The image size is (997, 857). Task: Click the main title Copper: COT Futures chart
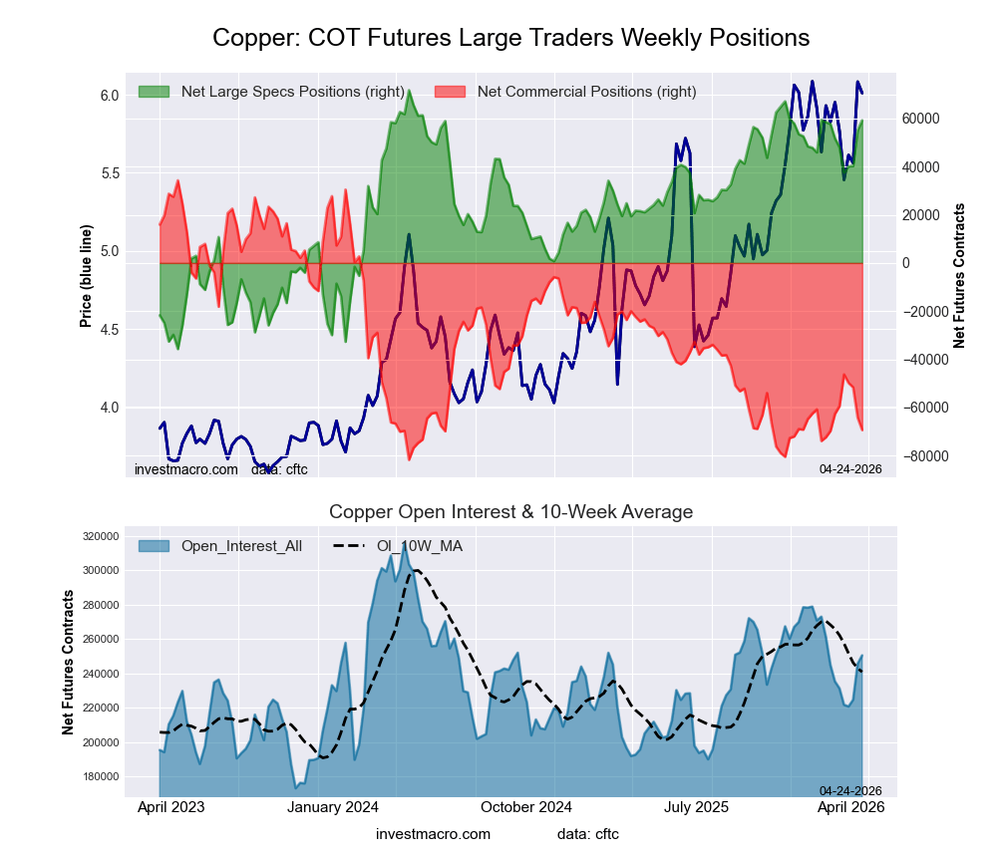510,38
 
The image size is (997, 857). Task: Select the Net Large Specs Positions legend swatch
154,92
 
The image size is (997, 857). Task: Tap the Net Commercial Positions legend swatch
450,92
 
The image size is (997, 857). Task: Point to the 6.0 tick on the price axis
109,96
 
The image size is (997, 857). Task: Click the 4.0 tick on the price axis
109,408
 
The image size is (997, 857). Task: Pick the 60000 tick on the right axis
921,119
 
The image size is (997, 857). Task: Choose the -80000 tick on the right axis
921,456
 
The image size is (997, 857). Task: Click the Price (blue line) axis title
87,276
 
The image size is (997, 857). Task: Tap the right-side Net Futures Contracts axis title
960,276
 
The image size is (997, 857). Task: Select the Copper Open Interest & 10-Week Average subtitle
510,512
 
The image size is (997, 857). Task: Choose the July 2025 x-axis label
698,808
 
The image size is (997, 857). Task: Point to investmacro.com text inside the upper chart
186,469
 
